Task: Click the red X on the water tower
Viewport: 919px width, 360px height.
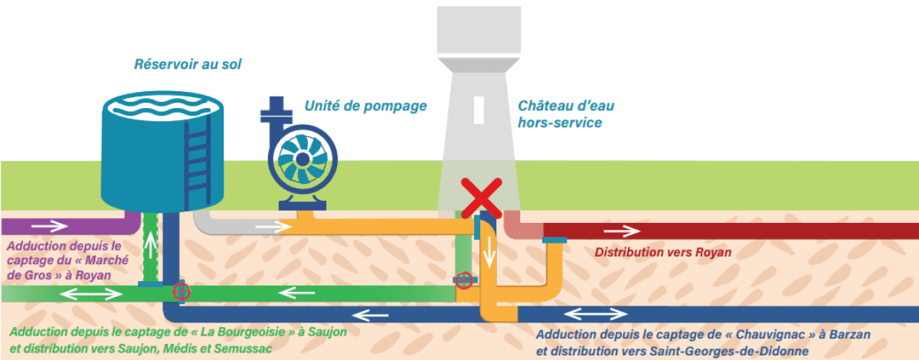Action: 481,198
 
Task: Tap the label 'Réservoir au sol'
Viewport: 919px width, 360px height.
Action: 188,64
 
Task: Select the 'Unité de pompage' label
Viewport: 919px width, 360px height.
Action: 365,106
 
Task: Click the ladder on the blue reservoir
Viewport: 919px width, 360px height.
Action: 198,162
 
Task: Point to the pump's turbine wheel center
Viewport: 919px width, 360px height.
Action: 303,159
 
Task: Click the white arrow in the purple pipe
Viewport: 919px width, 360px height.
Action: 50,226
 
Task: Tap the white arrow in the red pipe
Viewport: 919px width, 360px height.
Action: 622,231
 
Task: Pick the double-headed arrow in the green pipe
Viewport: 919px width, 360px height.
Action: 90,294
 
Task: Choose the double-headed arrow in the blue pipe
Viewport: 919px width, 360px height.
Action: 596,315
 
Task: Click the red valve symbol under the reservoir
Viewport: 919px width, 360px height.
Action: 182,292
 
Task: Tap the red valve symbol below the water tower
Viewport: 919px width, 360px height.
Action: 464,280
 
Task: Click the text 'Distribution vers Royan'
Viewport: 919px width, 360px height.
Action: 663,252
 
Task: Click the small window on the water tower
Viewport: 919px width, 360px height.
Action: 479,110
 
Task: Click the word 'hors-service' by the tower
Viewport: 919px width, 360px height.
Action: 560,123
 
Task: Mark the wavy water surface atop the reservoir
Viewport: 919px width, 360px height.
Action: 162,106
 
